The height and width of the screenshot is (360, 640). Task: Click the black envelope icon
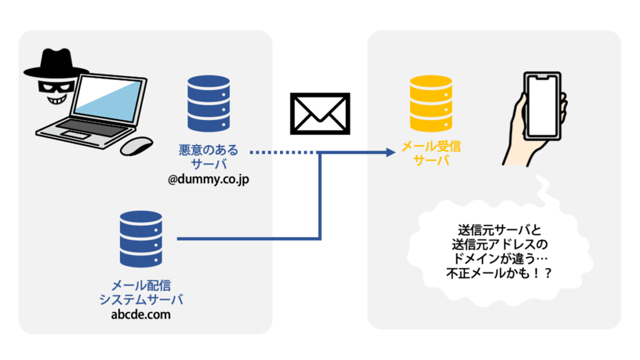click(x=320, y=114)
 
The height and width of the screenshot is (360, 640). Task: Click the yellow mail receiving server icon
click(x=431, y=104)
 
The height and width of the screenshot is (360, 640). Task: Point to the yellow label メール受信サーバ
click(x=431, y=153)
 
